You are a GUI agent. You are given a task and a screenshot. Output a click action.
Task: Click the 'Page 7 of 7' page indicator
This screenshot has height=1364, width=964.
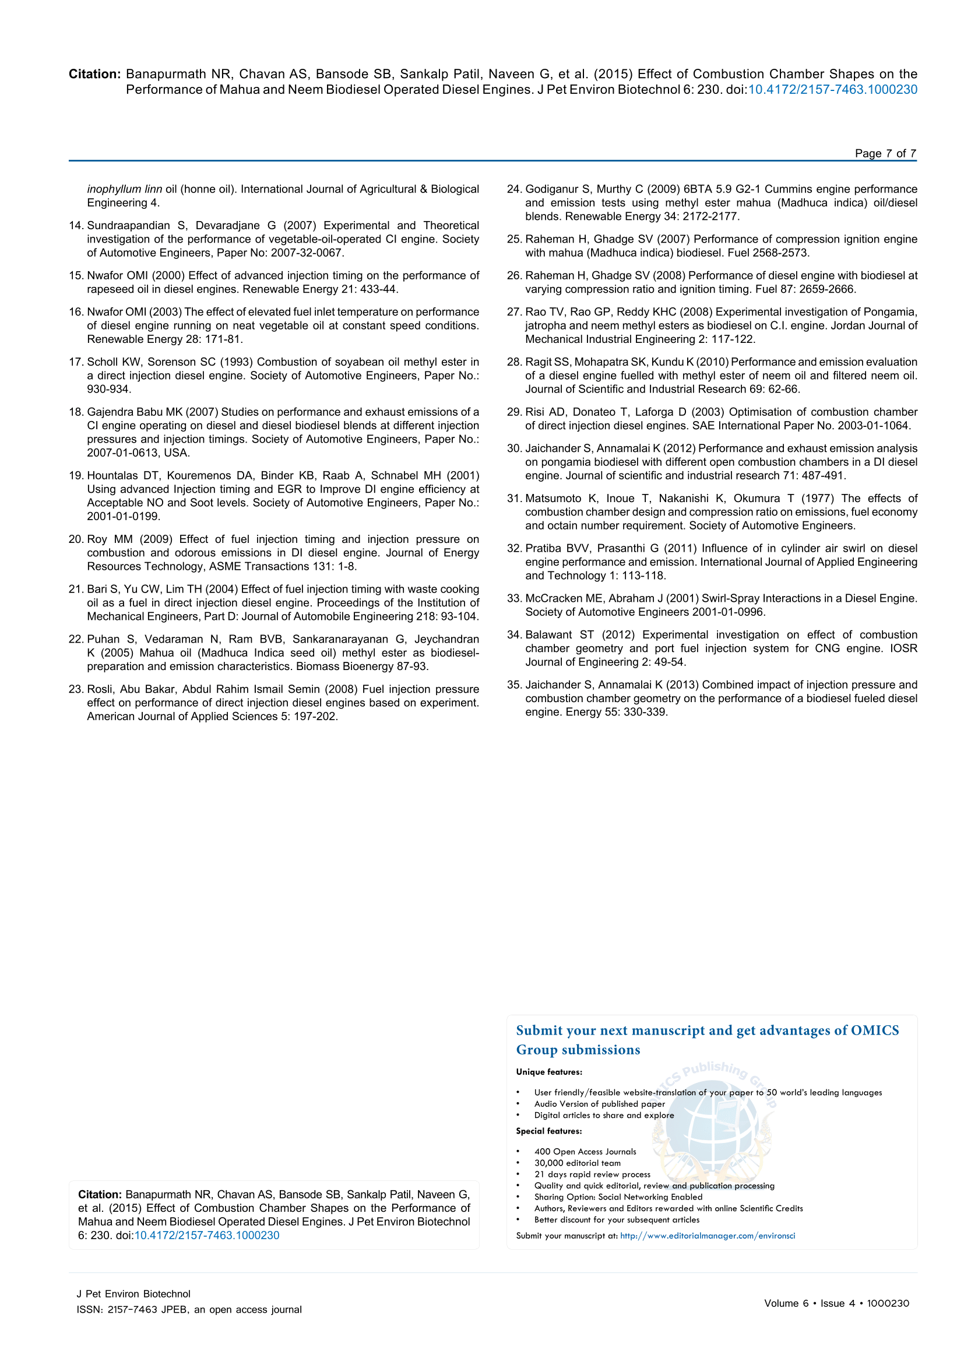(885, 153)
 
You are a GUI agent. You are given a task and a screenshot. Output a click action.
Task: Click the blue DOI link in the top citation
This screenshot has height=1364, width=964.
(832, 90)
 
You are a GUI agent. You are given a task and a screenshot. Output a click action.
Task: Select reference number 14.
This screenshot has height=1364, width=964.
(76, 226)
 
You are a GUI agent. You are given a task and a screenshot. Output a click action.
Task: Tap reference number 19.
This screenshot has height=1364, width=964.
(76, 476)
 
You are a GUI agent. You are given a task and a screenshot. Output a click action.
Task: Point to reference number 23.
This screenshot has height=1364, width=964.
(76, 690)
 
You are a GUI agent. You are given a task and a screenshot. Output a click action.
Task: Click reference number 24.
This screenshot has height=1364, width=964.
(514, 190)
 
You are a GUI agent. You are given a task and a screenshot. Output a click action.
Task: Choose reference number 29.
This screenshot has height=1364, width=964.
(514, 412)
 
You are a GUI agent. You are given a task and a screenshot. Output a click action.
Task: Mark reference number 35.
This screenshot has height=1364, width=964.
(514, 685)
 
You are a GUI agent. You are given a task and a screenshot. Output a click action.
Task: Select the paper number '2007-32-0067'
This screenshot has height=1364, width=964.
(307, 253)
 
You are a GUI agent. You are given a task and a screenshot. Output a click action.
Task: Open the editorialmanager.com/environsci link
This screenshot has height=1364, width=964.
(708, 1236)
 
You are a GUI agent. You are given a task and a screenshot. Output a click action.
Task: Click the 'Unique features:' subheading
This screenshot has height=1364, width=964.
(549, 1072)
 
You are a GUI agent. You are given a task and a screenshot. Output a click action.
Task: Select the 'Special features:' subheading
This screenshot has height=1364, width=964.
(549, 1131)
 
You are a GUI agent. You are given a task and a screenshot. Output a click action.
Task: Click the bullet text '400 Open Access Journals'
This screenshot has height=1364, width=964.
(585, 1151)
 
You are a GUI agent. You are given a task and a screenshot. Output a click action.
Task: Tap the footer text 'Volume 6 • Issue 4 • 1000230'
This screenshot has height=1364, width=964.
(836, 1303)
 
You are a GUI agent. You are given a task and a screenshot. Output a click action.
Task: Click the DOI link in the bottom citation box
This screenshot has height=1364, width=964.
(206, 1236)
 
